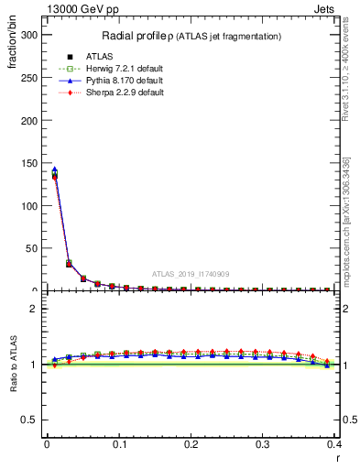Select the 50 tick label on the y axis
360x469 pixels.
click(x=33, y=248)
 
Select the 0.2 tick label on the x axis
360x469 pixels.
click(x=191, y=444)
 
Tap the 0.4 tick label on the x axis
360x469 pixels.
click(x=334, y=444)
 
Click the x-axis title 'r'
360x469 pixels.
click(x=338, y=457)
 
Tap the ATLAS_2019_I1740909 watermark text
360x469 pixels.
click(x=191, y=274)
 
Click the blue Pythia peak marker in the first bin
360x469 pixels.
click(x=54, y=169)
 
